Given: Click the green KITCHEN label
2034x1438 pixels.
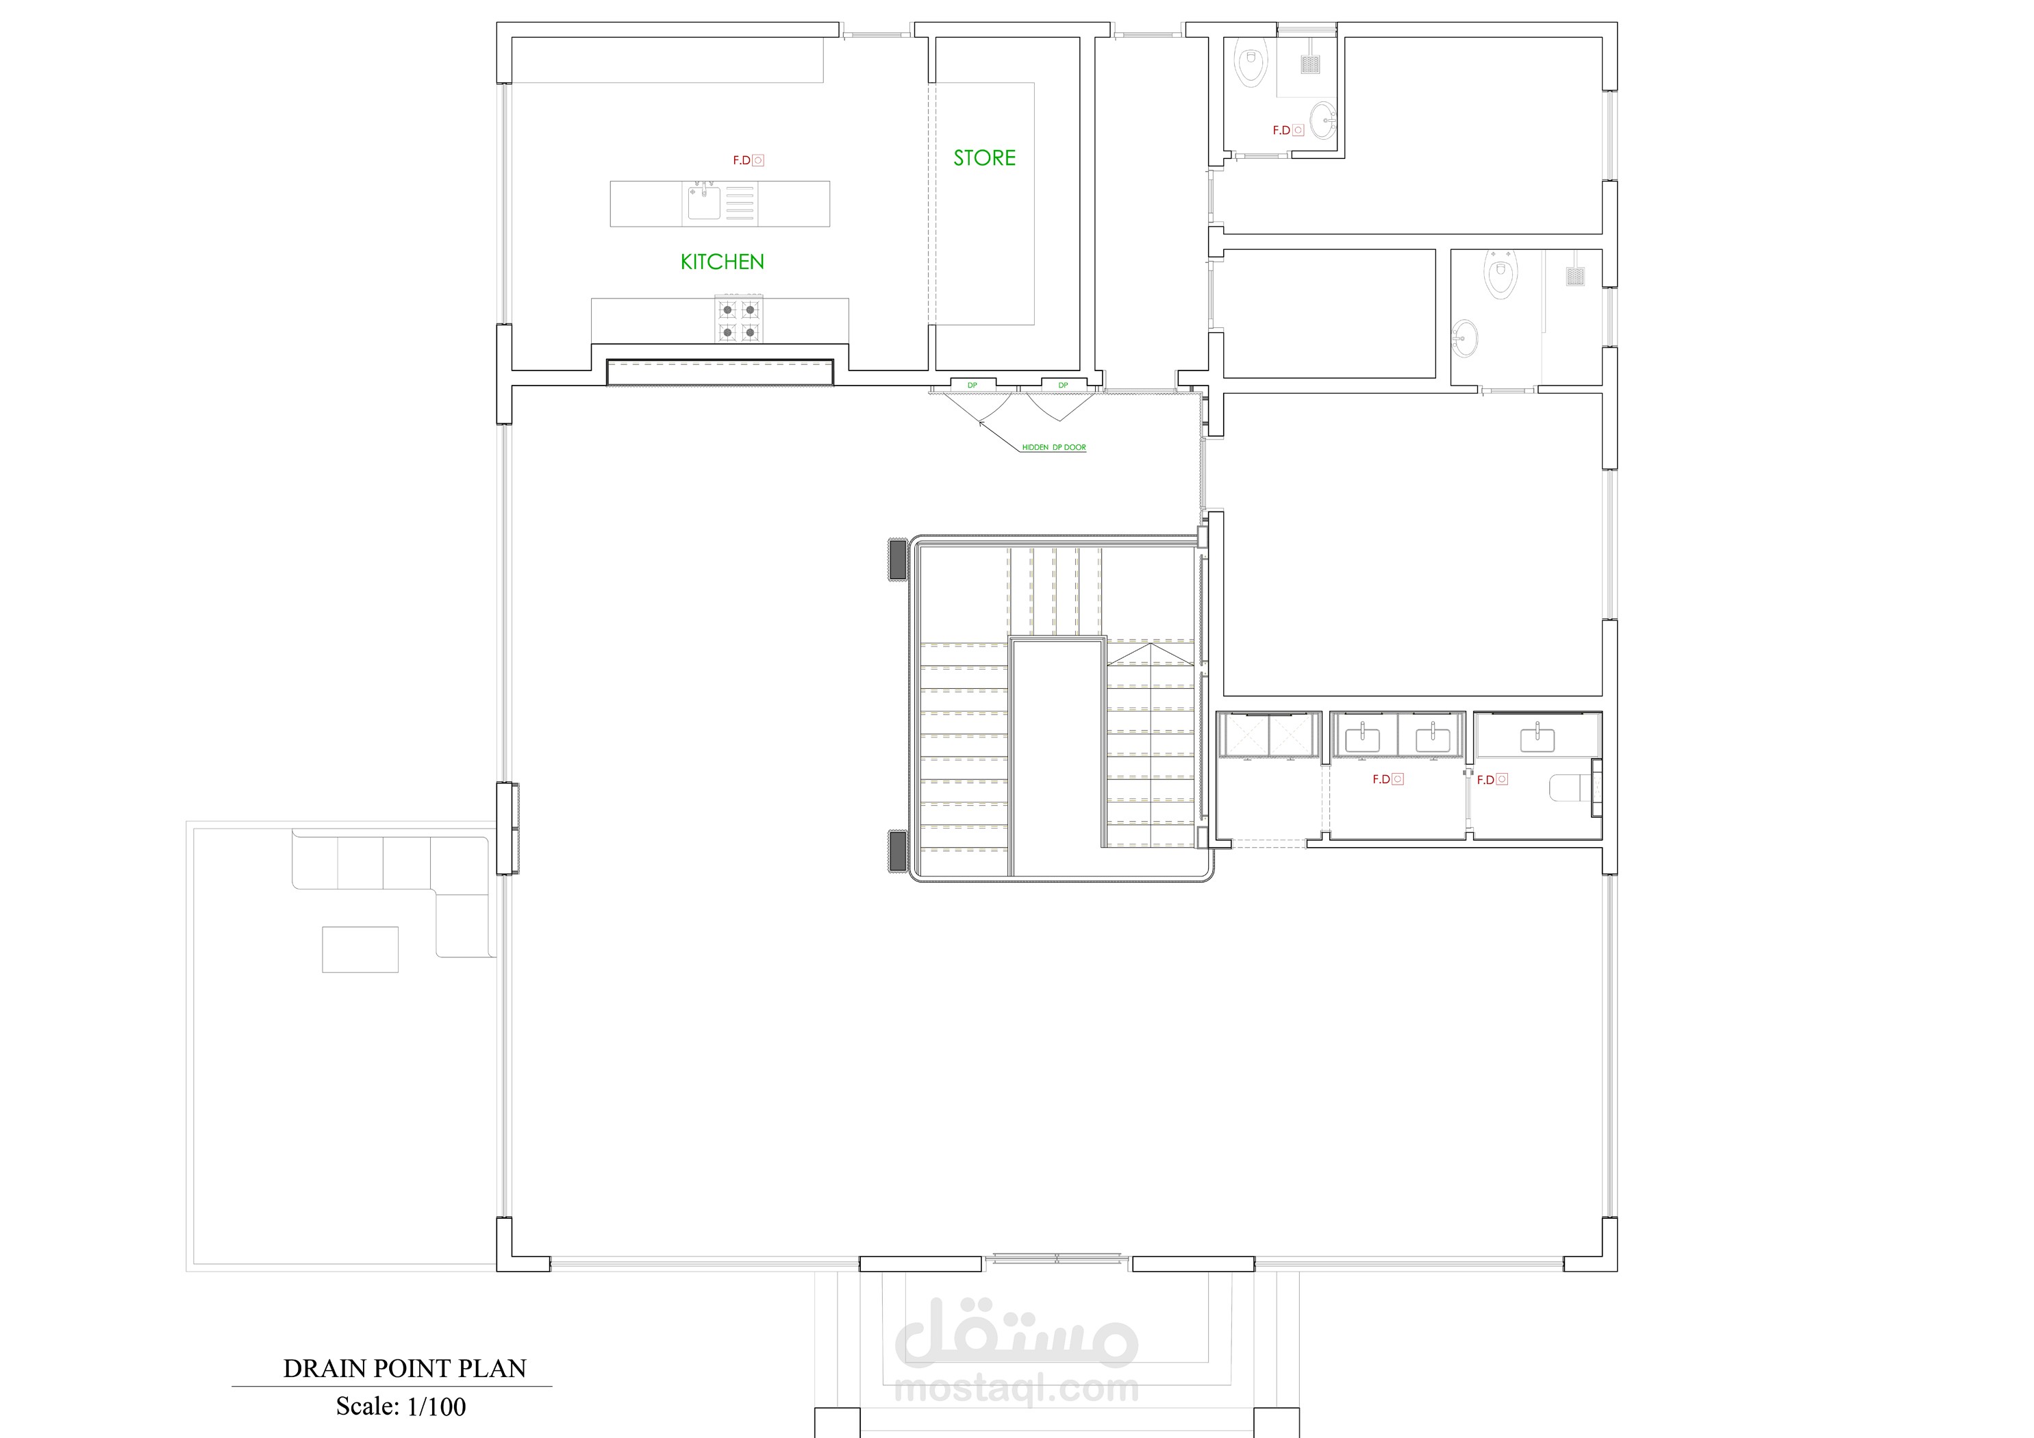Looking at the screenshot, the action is point(722,262).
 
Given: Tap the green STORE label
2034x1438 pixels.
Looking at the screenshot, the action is point(984,157).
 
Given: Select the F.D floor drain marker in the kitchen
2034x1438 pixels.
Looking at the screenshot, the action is point(748,160).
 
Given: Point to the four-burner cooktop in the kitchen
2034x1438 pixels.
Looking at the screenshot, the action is point(739,320).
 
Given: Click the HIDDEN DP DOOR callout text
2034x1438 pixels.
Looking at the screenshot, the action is point(1054,447).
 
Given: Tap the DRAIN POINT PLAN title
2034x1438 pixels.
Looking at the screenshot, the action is point(405,1368).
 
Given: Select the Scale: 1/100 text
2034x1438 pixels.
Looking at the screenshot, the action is point(401,1406).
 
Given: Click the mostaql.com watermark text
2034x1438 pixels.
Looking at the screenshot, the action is point(1016,1389).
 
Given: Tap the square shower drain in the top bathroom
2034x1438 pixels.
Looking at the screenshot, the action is point(1311,64).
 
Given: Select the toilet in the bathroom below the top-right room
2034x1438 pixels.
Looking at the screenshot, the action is point(1500,275).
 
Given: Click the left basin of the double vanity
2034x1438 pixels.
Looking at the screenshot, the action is point(1362,738).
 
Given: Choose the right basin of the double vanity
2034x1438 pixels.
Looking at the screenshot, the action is point(1431,738).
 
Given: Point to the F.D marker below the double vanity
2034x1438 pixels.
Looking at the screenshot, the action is point(1388,780).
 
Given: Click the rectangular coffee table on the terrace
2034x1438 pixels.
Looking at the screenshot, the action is point(360,950).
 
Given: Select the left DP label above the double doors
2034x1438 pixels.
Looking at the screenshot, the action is point(972,386).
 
